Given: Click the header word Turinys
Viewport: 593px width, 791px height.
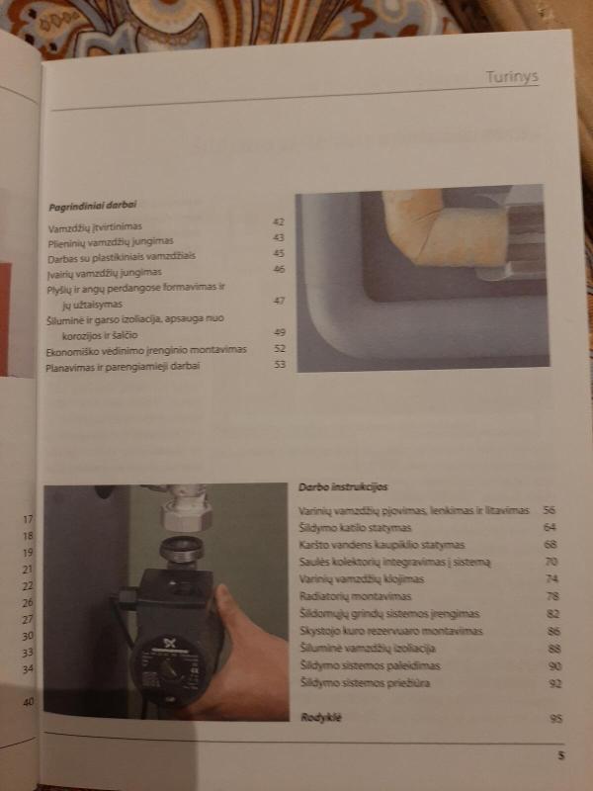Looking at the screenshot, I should point(511,77).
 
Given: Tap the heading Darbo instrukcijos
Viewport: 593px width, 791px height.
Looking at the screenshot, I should point(343,487).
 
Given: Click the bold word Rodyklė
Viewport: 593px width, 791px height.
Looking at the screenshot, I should point(320,715).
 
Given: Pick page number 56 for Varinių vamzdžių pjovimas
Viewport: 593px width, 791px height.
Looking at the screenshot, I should point(550,510).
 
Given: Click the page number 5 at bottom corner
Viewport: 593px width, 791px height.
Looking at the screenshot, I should point(559,755).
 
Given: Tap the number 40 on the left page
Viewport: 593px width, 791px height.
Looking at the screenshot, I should point(28,702).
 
